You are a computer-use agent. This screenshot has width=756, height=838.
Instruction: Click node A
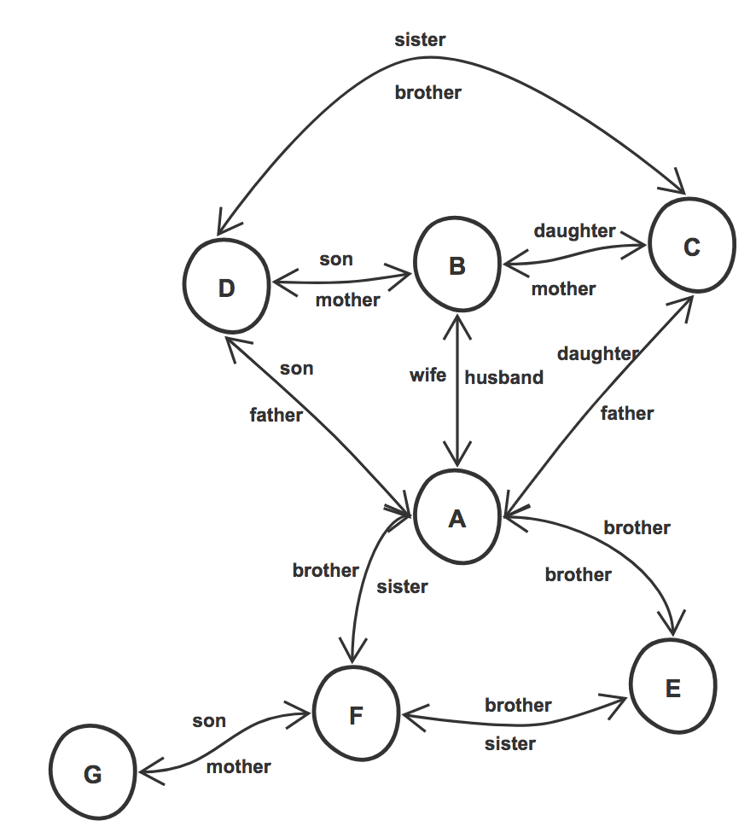pos(457,518)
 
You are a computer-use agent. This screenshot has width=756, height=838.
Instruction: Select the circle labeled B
pos(457,266)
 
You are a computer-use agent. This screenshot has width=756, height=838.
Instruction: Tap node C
pos(691,247)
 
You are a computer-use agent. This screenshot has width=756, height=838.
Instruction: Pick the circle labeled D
pos(226,288)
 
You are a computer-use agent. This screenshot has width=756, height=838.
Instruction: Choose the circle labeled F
pos(356,715)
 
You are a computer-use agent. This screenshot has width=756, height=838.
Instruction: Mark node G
pos(92,774)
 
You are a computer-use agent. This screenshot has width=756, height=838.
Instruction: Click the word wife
pos(427,375)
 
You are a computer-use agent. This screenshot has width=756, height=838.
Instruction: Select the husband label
pos(504,377)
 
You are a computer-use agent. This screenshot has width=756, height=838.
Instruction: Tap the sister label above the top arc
pos(420,39)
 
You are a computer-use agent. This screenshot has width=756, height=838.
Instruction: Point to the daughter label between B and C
pos(574,230)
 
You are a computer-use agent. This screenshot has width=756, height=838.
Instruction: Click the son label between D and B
pos(335,259)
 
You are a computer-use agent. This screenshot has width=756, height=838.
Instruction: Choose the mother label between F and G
pos(238,766)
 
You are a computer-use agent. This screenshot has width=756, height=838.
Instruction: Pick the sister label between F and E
pos(510,743)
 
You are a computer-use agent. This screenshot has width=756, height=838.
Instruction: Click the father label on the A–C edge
pos(626,413)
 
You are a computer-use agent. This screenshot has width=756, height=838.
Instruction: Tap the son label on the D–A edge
pos(296,369)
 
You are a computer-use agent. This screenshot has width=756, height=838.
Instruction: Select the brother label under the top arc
pos(427,92)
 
